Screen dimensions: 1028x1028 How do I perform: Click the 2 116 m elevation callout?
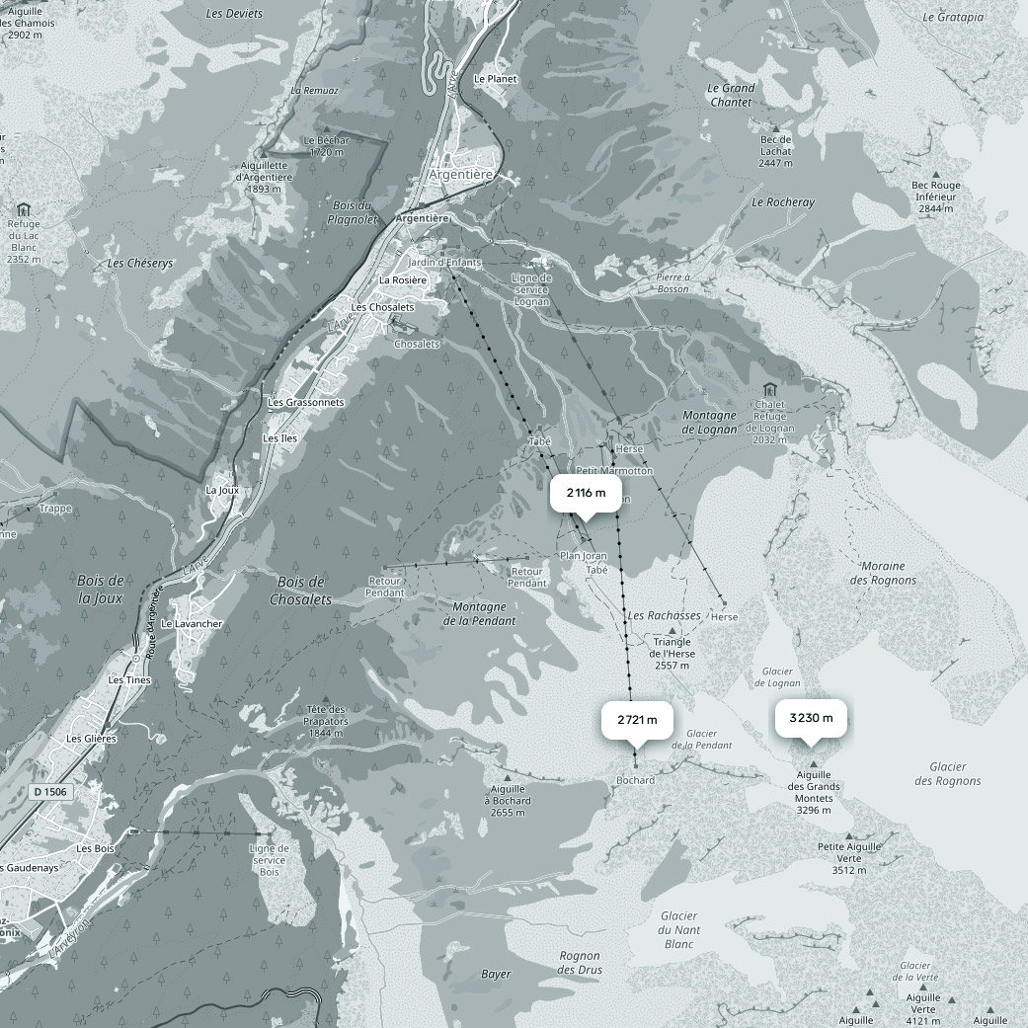(x=587, y=492)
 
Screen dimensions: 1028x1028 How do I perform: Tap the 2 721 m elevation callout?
(x=637, y=720)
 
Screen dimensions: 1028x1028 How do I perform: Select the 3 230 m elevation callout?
(x=811, y=718)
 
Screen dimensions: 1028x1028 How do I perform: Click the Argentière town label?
(x=460, y=174)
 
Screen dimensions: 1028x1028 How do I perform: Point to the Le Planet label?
(x=495, y=79)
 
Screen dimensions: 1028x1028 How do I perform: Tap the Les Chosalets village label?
(x=383, y=307)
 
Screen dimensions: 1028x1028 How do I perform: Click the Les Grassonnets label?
(x=306, y=403)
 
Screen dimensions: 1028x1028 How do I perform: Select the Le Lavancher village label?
(x=192, y=624)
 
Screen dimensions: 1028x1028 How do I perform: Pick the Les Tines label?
(x=129, y=680)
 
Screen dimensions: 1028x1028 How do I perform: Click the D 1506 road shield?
(x=49, y=791)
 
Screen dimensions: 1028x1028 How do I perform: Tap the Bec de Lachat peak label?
(x=776, y=151)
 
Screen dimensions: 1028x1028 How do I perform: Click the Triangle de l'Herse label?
(x=672, y=654)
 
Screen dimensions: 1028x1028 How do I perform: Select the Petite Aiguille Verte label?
(x=849, y=858)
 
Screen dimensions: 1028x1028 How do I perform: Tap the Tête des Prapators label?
(x=327, y=721)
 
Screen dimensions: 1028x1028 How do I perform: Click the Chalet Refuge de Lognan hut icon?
(x=770, y=391)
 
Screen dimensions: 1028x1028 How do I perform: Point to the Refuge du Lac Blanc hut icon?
(x=24, y=209)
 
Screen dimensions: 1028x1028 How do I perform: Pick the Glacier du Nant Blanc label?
(x=679, y=930)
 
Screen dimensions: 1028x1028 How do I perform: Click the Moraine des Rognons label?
(x=883, y=573)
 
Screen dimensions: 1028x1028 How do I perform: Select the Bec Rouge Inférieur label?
(x=935, y=197)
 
